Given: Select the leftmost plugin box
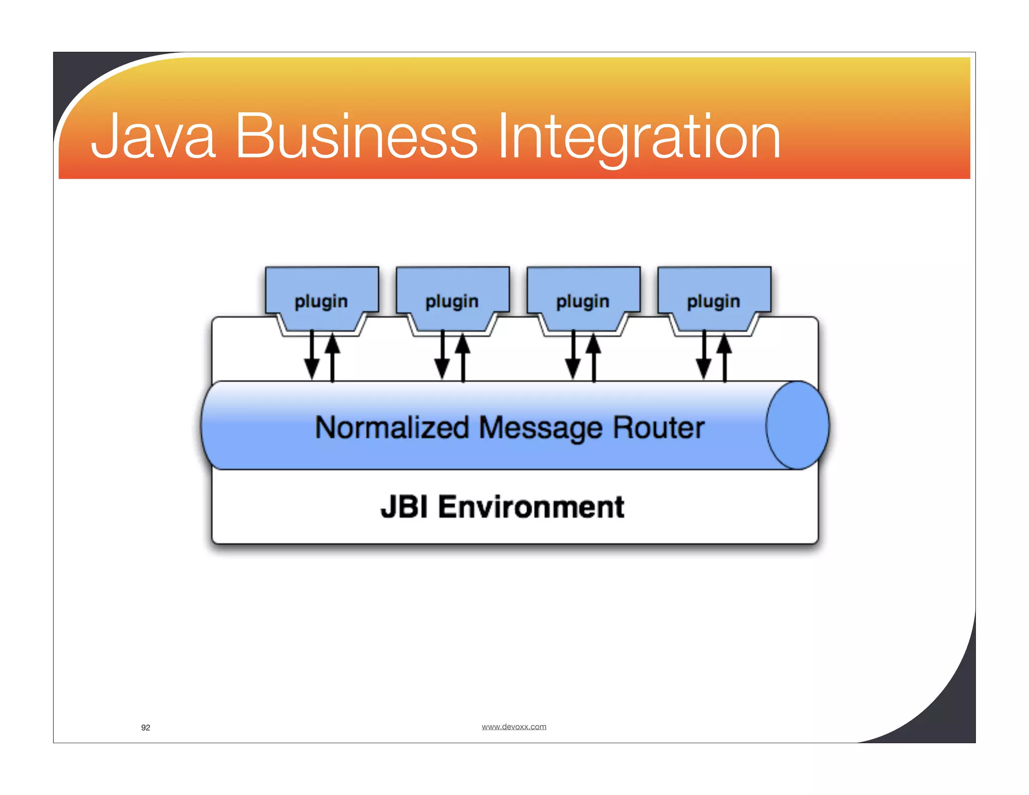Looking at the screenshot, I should pyautogui.click(x=322, y=299).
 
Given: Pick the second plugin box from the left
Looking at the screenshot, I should pyautogui.click(x=452, y=299).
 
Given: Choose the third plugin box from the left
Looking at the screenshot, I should pyautogui.click(x=583, y=299).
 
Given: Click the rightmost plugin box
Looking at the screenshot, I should pyautogui.click(x=714, y=299).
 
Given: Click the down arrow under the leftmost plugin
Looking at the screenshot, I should pyautogui.click(x=312, y=357).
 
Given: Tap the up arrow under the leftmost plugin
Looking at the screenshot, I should pyautogui.click(x=332, y=357).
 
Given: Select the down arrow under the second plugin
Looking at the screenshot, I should pyautogui.click(x=442, y=357).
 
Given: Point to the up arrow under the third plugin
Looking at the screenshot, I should pyautogui.click(x=594, y=357).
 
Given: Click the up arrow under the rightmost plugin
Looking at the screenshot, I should pyautogui.click(x=725, y=357).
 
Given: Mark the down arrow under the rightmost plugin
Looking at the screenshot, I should pyautogui.click(x=704, y=357).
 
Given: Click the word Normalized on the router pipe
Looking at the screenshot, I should pyautogui.click(x=392, y=428).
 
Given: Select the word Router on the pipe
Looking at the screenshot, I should pyautogui.click(x=659, y=428).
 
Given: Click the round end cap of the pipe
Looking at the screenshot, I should pyautogui.click(x=797, y=425).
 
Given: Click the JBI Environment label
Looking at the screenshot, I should pyautogui.click(x=502, y=507).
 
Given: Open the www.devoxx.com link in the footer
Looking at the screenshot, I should pyautogui.click(x=513, y=727).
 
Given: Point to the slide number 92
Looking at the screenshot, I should pyautogui.click(x=146, y=728).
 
